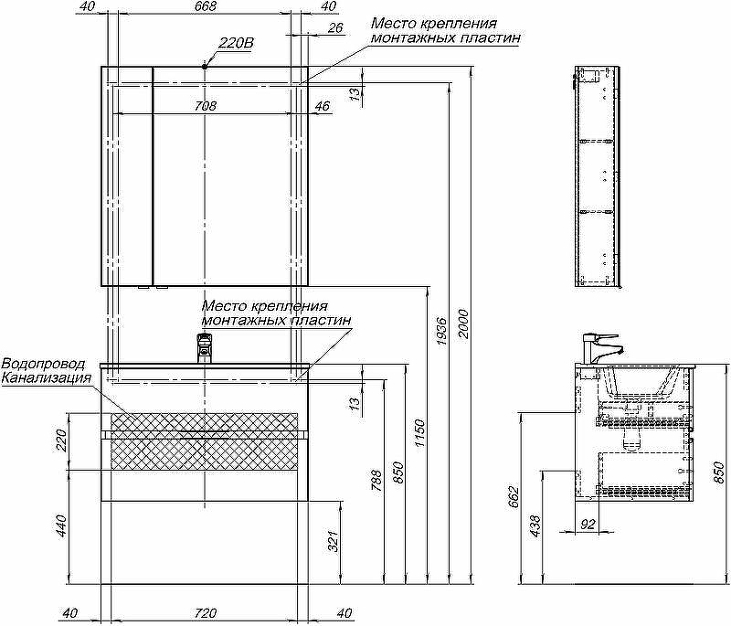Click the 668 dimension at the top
(x=206, y=7)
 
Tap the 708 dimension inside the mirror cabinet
(x=206, y=106)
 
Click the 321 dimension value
(x=334, y=541)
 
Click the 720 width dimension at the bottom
(x=206, y=612)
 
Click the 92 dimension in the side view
(x=588, y=524)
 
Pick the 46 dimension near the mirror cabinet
(x=322, y=106)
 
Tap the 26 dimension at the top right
(x=334, y=28)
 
